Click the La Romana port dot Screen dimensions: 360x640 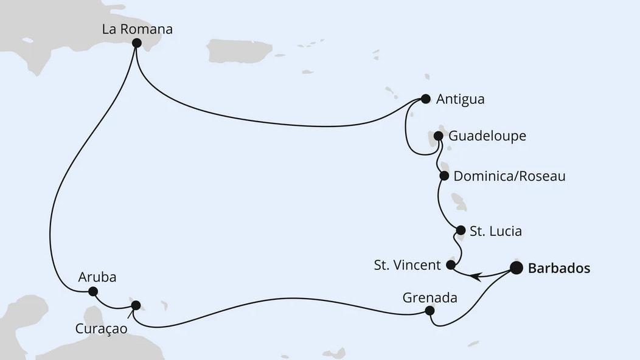pos(136,43)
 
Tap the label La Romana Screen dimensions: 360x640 pos(137,29)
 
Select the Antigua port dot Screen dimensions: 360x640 pos(425,99)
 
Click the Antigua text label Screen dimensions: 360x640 pos(461,99)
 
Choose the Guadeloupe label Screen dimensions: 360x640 pos(487,136)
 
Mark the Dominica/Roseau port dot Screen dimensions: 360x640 pos(444,176)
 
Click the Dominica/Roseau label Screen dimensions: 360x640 pos(510,176)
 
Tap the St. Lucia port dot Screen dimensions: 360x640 pos(461,230)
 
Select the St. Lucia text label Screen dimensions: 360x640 pos(496,231)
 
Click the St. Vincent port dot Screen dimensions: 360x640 pos(451,265)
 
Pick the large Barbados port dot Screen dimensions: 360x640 pos(516,268)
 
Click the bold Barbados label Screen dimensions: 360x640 pos(559,268)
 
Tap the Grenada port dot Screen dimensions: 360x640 pos(430,310)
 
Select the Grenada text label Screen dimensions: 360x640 pos(430,297)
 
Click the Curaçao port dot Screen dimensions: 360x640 pos(136,305)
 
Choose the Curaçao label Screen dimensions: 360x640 pos(101,329)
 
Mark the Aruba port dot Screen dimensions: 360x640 pos(92,291)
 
